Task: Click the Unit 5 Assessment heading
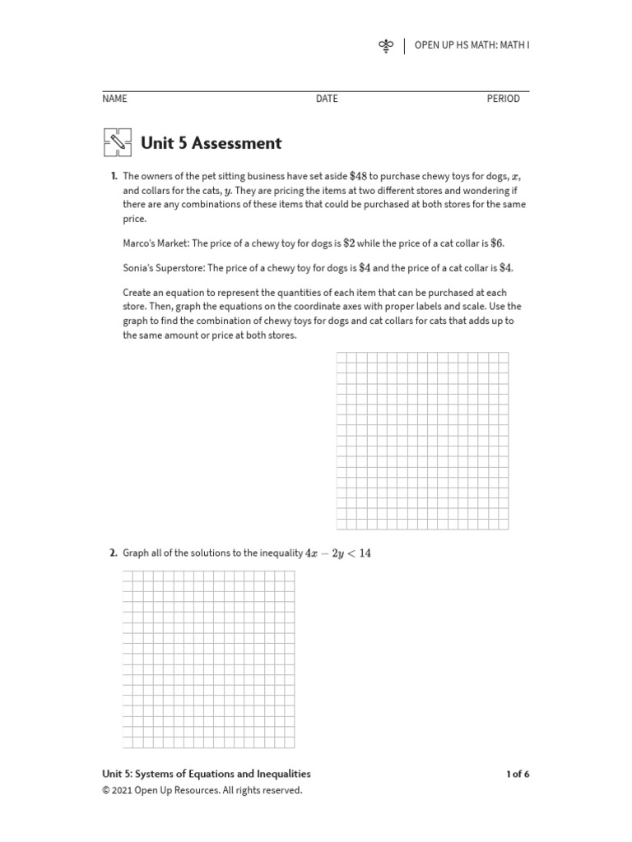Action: pyautogui.click(x=211, y=143)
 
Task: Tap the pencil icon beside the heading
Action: pyautogui.click(x=118, y=143)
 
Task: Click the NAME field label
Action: pyautogui.click(x=114, y=99)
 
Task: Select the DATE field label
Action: pyautogui.click(x=327, y=99)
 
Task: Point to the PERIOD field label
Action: pyautogui.click(x=503, y=99)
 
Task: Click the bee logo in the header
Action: pyautogui.click(x=386, y=45)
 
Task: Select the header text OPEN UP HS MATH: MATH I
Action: pyautogui.click(x=472, y=45)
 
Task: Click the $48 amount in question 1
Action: pyautogui.click(x=358, y=176)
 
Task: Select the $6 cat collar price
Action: pyautogui.click(x=496, y=243)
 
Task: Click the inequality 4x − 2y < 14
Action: pyautogui.click(x=338, y=553)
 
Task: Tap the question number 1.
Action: pyautogui.click(x=114, y=176)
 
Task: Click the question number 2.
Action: pyautogui.click(x=114, y=553)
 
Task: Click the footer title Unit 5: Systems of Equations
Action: pyautogui.click(x=206, y=774)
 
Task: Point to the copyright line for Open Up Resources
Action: pyautogui.click(x=202, y=790)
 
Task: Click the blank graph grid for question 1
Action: pyautogui.click(x=422, y=441)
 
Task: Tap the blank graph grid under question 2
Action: pyautogui.click(x=208, y=659)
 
